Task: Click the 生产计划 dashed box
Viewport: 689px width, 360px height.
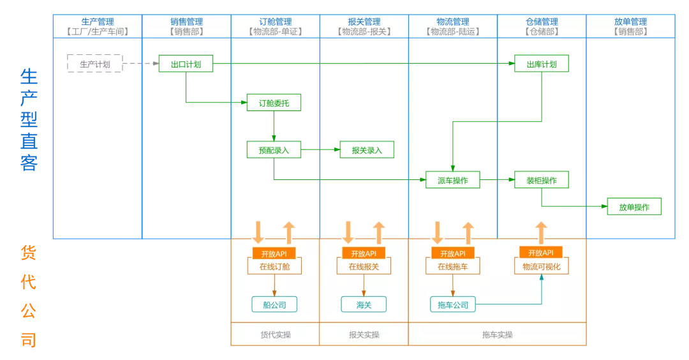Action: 94,64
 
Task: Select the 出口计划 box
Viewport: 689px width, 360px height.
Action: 186,64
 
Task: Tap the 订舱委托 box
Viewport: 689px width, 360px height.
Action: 274,102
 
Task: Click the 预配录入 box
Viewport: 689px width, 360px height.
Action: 274,150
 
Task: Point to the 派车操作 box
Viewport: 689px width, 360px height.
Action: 452,181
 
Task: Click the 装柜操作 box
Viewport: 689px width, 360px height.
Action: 542,180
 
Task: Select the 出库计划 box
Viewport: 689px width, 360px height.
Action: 542,64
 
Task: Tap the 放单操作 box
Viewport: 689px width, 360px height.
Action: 633,207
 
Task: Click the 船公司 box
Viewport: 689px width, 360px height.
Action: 274,305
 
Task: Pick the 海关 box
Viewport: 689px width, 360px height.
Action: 364,305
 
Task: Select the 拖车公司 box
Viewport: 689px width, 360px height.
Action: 452,305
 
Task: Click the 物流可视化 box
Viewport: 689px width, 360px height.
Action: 541,267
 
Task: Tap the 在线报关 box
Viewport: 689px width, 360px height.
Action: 364,267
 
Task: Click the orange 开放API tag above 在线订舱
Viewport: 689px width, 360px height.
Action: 274,253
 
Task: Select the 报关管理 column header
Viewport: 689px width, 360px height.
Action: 364,26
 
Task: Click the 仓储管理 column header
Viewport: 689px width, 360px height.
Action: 542,26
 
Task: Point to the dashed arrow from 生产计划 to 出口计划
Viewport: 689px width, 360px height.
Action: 140,64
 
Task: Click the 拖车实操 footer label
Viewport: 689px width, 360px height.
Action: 497,334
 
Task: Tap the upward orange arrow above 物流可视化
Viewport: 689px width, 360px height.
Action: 541,232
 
